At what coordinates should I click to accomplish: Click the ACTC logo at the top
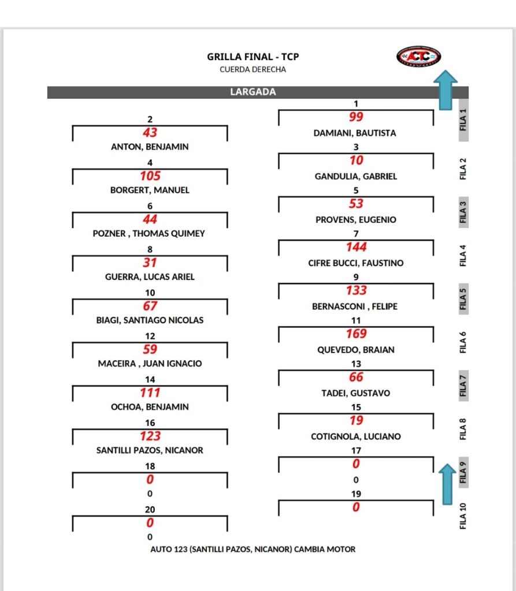(418, 57)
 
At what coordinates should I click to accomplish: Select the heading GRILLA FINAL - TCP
(253, 57)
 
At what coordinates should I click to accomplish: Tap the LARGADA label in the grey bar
(253, 92)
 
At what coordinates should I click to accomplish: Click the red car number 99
(356, 117)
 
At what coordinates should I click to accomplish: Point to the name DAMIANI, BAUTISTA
(355, 133)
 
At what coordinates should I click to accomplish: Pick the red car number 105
(150, 175)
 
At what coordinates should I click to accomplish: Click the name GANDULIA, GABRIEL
(356, 177)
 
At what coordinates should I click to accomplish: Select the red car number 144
(356, 247)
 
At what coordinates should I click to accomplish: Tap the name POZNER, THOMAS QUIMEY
(149, 234)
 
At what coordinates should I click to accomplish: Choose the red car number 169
(356, 334)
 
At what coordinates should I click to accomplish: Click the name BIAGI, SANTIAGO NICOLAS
(150, 320)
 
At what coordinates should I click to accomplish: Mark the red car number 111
(150, 392)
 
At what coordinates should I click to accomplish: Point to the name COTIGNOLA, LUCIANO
(356, 436)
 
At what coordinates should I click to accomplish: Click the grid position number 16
(150, 423)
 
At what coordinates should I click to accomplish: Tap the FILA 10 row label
(463, 516)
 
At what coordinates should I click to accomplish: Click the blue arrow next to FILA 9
(447, 484)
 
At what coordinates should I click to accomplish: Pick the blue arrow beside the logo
(446, 89)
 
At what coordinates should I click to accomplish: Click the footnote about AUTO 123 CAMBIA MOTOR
(253, 549)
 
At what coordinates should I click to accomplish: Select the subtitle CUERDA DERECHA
(253, 69)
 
